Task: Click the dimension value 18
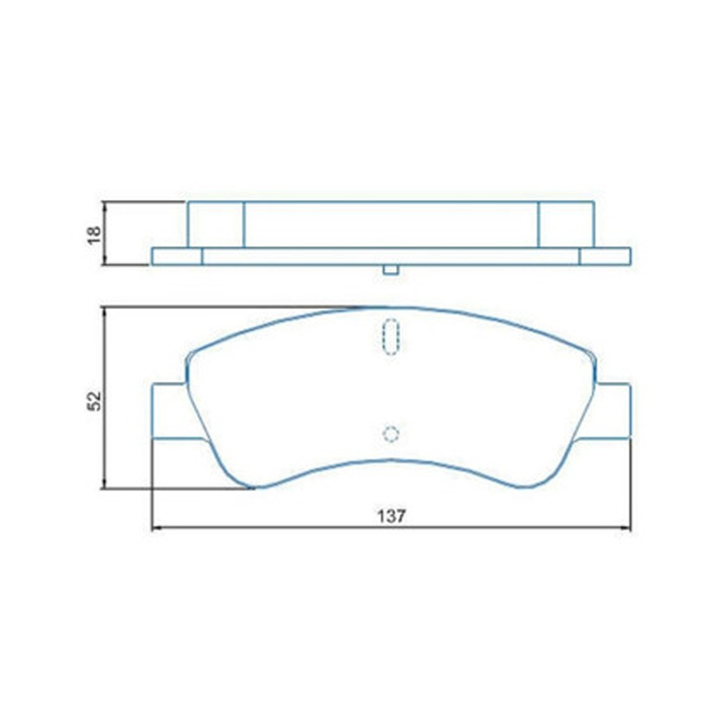point(94,234)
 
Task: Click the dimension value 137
point(391,516)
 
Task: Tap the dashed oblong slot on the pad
point(391,336)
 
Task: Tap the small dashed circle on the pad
point(391,434)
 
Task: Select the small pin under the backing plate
point(391,270)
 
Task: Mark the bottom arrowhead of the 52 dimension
point(105,484)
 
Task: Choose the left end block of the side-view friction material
point(216,224)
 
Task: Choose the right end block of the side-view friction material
point(566,224)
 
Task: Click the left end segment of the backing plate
point(177,256)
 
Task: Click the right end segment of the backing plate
point(605,256)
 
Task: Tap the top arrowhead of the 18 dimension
point(105,206)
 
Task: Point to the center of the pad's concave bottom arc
point(391,460)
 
